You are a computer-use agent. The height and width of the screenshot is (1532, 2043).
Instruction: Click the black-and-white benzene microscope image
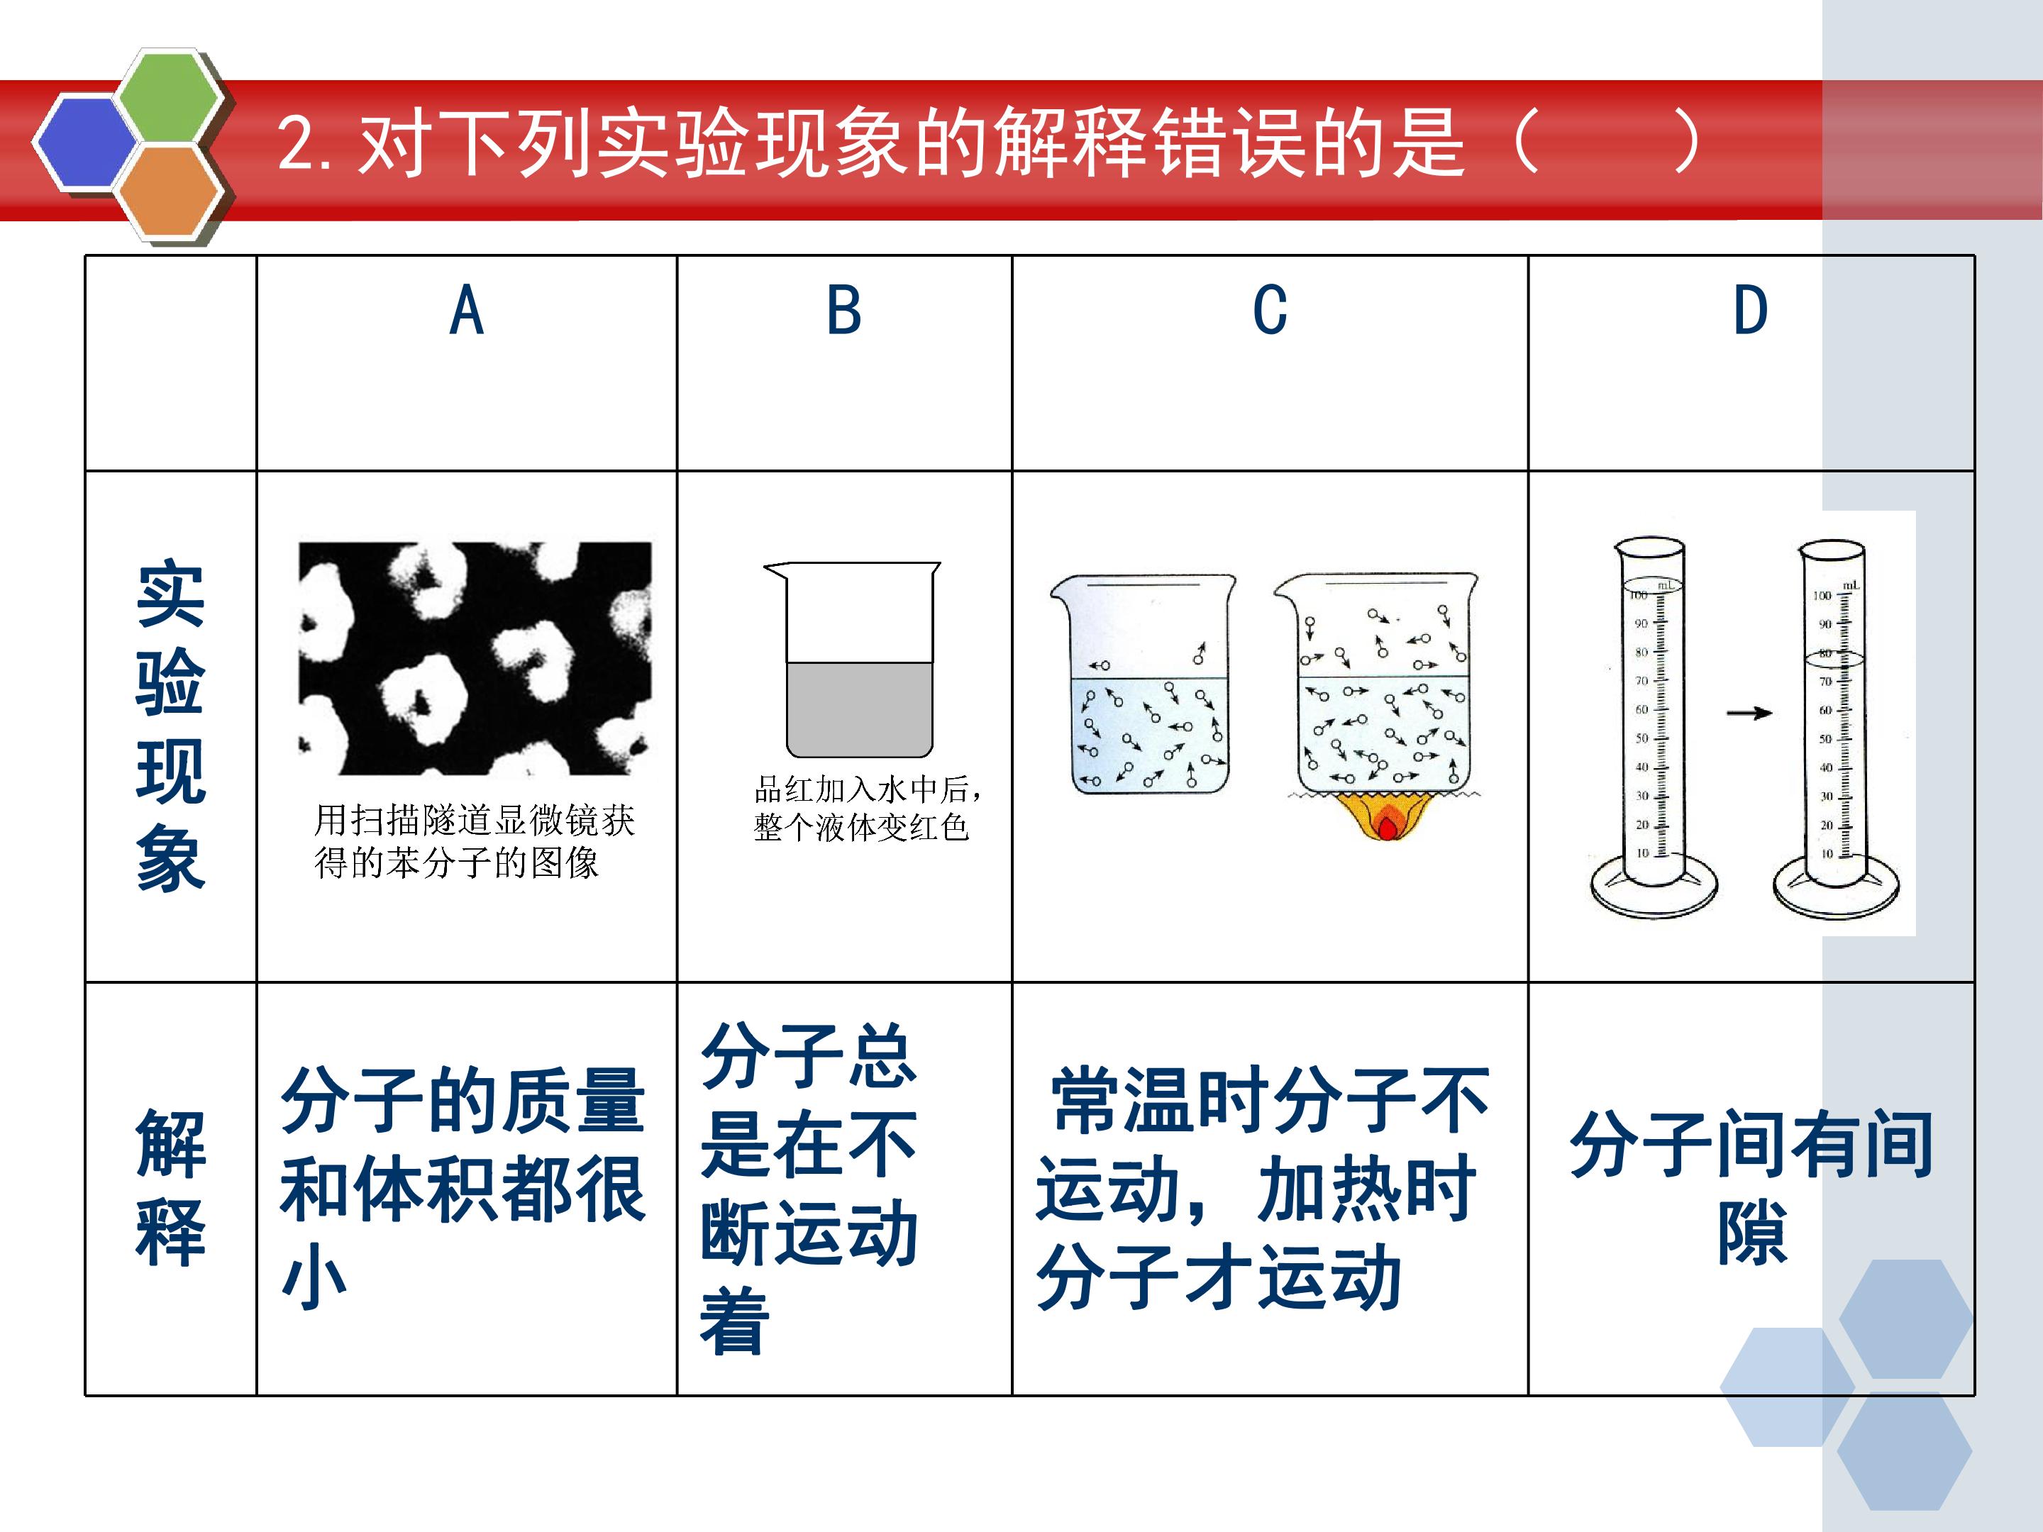475,658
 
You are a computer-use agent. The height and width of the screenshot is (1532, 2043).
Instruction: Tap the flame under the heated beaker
1385,817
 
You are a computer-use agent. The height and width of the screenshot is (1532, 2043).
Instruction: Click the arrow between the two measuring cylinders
1749,713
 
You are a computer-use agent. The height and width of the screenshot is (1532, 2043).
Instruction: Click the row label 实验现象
171,726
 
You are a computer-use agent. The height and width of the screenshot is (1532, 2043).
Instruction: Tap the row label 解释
171,1189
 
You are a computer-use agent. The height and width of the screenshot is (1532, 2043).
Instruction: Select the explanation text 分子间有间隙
1751,1189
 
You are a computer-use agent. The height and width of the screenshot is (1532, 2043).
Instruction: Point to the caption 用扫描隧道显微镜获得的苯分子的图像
475,841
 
